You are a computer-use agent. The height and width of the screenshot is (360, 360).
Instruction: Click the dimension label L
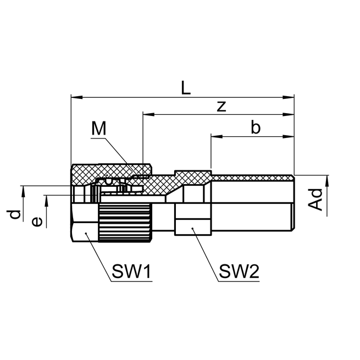[186, 87]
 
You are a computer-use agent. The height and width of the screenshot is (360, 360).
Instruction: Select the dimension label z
[221, 106]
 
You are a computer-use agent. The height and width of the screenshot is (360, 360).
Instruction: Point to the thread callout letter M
[98, 129]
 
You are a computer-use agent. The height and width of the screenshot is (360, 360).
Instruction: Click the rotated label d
[16, 214]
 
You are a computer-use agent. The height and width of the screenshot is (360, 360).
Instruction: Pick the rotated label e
[36, 221]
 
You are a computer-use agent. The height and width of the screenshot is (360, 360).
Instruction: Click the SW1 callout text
[131, 271]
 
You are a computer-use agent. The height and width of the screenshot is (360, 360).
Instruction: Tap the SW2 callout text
[239, 271]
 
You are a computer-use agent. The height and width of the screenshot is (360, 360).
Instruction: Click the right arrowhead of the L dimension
[291, 98]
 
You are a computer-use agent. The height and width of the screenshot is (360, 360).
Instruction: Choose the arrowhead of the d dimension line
[23, 190]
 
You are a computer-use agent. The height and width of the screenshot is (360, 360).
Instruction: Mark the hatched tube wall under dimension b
[253, 178]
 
